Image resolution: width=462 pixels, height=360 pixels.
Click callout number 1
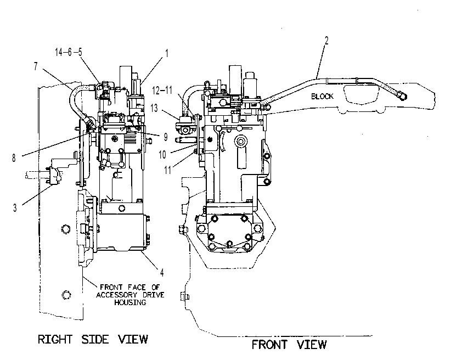tap(166, 54)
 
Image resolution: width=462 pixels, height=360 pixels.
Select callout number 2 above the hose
tap(326, 41)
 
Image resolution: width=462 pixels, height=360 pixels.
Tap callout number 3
tap(15, 208)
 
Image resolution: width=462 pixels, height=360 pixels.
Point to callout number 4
tap(162, 273)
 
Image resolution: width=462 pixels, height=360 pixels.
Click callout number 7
tap(36, 66)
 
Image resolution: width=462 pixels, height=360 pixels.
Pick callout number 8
tap(14, 158)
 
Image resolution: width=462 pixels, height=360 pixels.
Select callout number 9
tap(166, 137)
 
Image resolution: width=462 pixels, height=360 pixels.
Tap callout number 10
tap(162, 155)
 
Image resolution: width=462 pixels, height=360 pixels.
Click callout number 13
tap(154, 108)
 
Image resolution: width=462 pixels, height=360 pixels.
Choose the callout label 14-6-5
tap(69, 52)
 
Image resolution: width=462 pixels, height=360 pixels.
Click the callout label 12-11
tap(162, 90)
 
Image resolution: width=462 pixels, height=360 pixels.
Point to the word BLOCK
tap(322, 97)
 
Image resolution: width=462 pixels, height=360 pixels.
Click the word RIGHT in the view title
tap(55, 339)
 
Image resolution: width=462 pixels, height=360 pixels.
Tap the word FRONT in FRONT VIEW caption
tap(269, 345)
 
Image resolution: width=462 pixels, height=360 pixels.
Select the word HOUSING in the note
tap(130, 302)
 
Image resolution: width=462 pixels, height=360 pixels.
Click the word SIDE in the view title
tap(95, 339)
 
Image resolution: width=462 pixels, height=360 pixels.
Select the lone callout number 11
tap(167, 170)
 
